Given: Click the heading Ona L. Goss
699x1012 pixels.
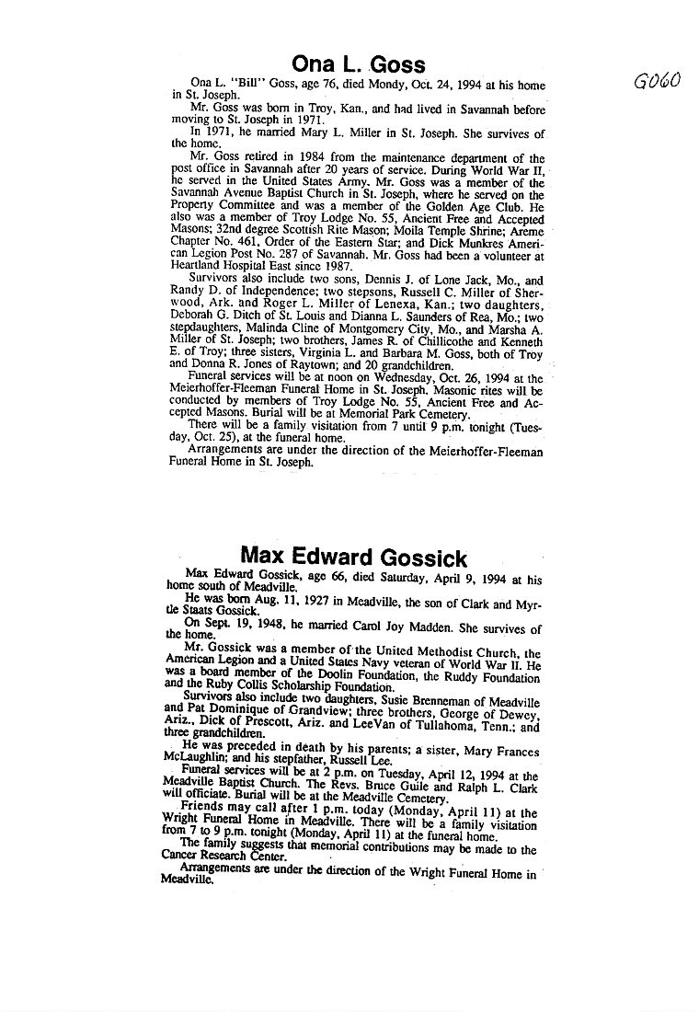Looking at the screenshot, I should (x=358, y=63).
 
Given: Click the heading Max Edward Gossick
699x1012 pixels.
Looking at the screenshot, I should (x=353, y=557).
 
